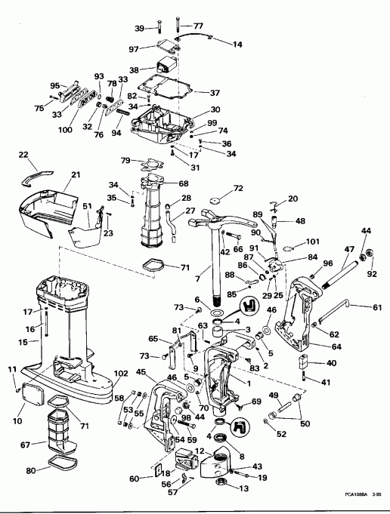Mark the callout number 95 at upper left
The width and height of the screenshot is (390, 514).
pyautogui.click(x=54, y=86)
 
